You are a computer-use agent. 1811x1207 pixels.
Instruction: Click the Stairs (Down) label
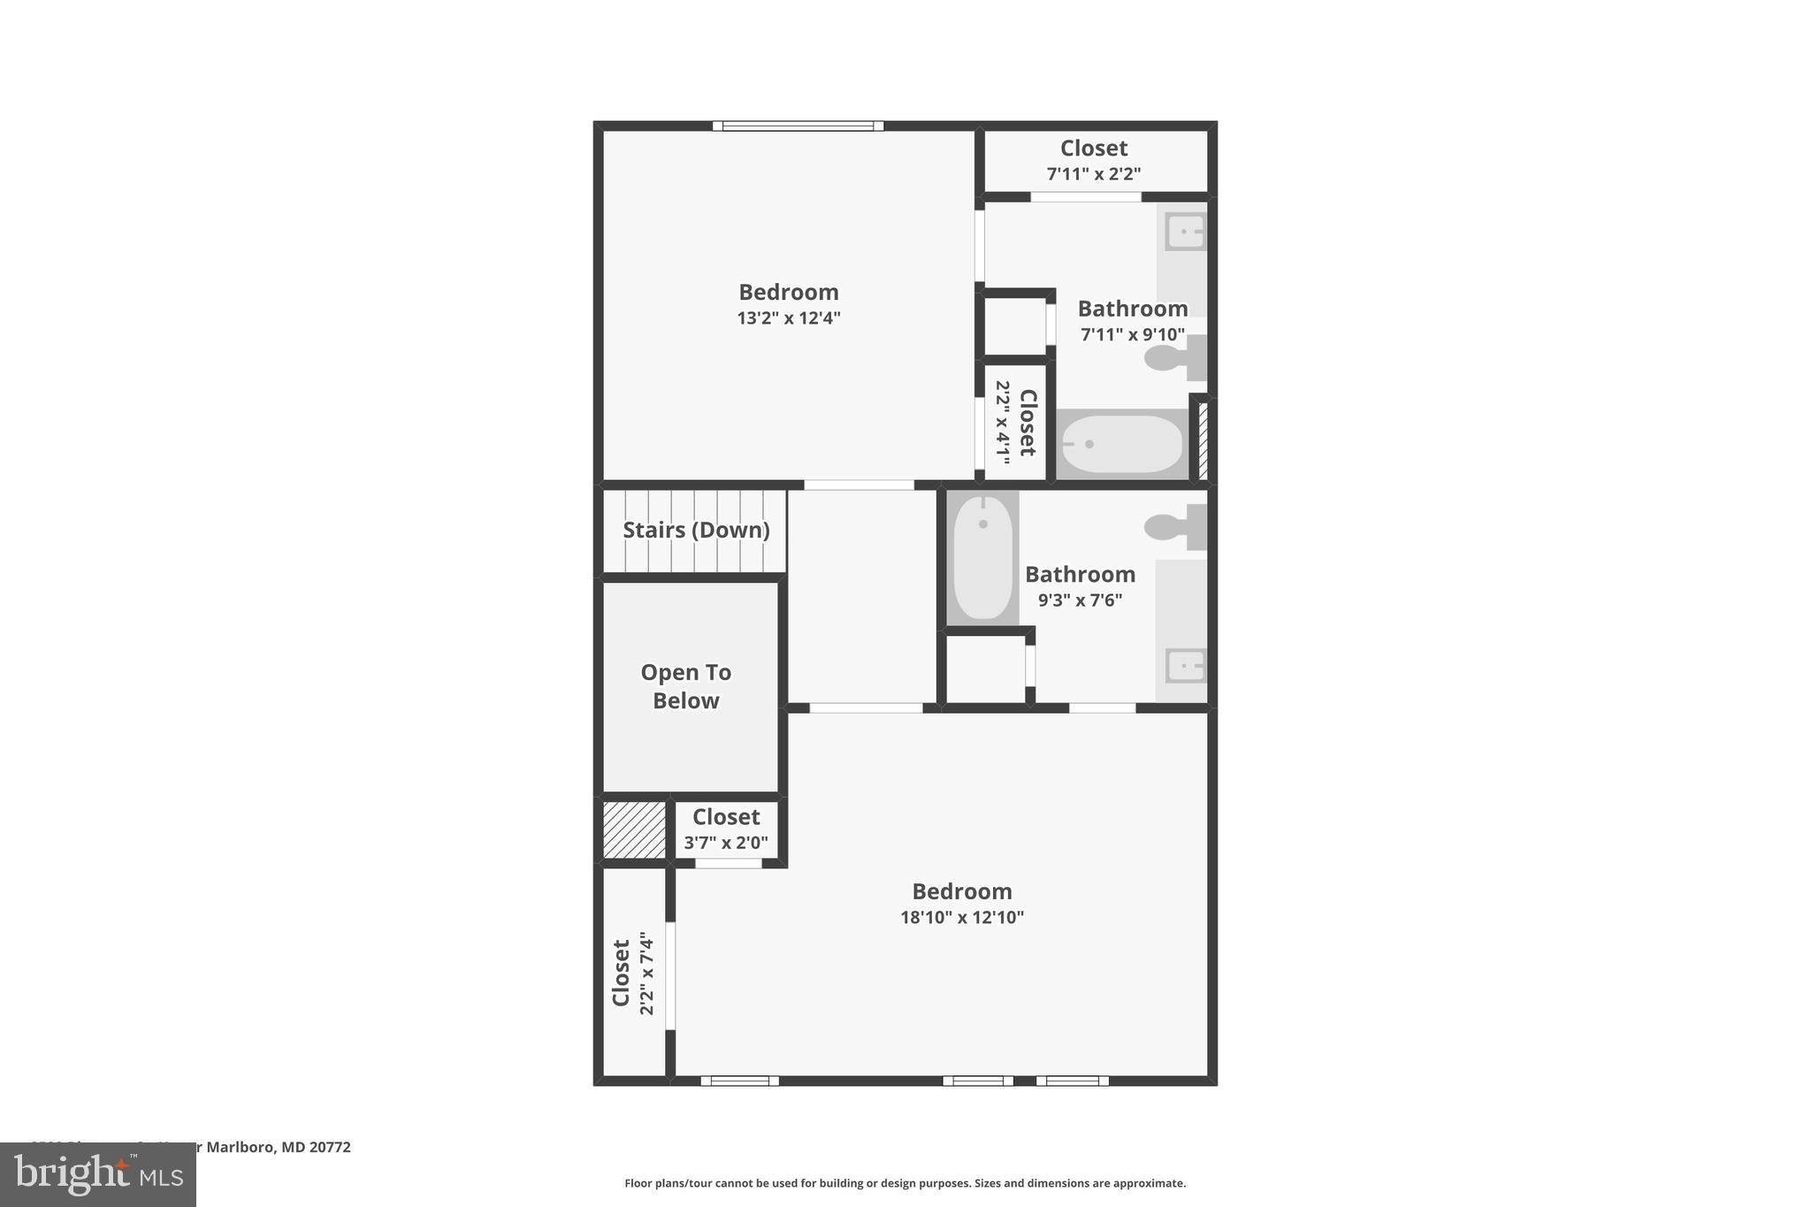point(696,530)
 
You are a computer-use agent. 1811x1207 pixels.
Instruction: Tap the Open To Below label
point(685,686)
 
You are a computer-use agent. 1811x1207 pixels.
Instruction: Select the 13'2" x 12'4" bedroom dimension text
point(788,318)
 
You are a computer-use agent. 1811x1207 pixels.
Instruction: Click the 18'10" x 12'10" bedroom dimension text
point(962,918)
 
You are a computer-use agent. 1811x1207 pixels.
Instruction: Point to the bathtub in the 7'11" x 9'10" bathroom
point(1121,444)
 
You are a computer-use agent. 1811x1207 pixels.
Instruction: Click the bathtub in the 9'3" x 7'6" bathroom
point(982,557)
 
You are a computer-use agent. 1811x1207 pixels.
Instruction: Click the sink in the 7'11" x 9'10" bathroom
point(1185,233)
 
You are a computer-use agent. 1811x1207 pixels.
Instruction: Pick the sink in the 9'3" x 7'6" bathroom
point(1185,666)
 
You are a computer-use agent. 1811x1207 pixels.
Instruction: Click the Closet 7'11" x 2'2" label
point(1094,149)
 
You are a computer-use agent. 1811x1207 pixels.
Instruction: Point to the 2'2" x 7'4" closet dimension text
point(647,973)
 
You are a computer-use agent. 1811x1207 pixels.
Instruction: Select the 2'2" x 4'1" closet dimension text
point(1003,423)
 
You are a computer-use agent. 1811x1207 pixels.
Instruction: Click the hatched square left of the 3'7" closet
point(634,829)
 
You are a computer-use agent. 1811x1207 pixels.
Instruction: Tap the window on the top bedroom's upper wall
point(798,126)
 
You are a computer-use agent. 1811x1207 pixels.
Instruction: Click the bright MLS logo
point(98,1175)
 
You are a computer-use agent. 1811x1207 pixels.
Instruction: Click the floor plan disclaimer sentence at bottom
point(905,1183)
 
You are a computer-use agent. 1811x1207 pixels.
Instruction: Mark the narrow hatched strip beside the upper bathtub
point(1203,440)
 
